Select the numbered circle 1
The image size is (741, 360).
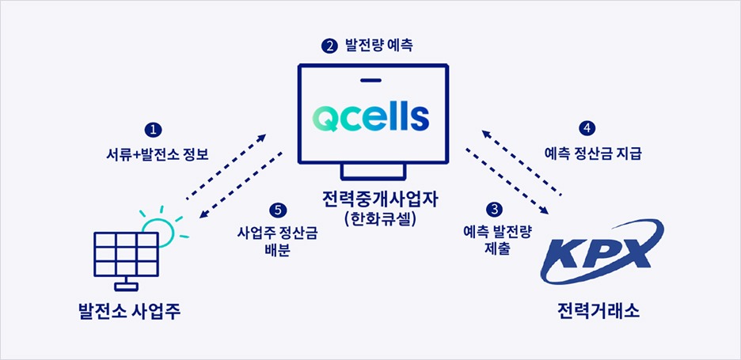[x=154, y=129]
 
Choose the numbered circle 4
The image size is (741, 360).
[x=587, y=128]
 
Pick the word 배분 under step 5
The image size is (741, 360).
[x=277, y=251]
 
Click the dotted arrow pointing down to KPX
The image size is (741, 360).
[x=507, y=179]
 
